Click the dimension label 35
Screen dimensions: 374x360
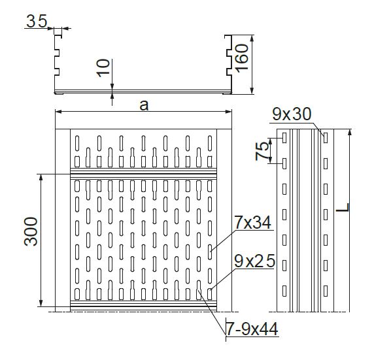(x=37, y=21)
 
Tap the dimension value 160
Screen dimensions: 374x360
(x=242, y=58)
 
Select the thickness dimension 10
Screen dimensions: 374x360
(x=103, y=68)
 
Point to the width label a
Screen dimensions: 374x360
(x=144, y=105)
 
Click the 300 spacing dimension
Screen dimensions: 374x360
(x=31, y=231)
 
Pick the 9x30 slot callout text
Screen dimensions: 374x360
(x=292, y=114)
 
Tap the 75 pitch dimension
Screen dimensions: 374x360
(x=262, y=151)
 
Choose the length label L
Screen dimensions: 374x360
(x=343, y=207)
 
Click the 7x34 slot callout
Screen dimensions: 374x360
(x=252, y=222)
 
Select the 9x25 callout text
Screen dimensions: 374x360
(x=254, y=261)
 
